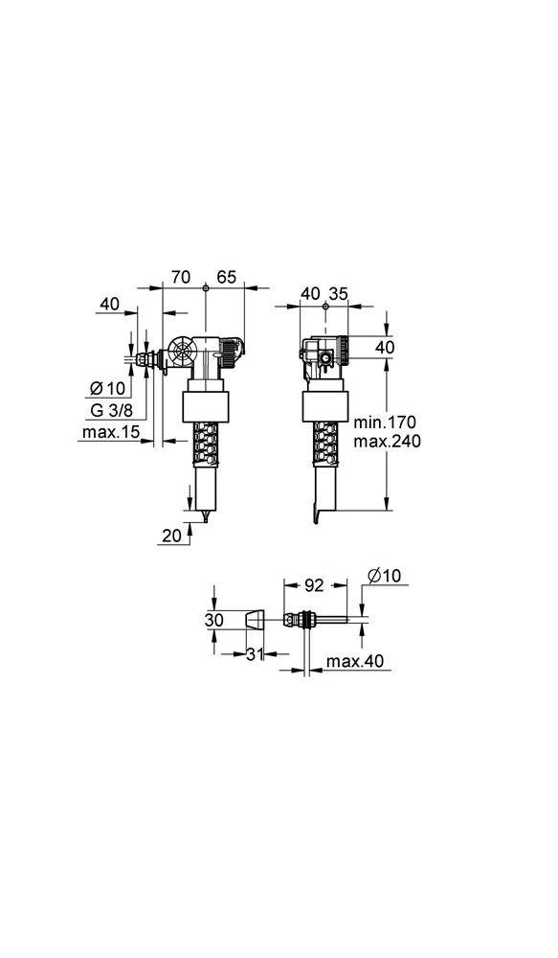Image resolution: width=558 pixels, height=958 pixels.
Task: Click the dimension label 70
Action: [180, 277]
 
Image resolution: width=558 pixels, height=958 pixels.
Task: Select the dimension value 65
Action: [226, 277]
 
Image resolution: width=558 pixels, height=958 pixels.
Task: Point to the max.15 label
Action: [111, 433]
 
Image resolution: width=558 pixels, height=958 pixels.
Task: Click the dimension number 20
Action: [171, 536]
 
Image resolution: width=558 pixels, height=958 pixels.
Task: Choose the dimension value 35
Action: [337, 293]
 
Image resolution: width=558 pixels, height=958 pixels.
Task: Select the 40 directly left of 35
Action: [310, 293]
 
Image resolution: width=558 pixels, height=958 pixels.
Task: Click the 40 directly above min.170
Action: [383, 347]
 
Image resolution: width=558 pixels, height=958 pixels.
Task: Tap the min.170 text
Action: [387, 422]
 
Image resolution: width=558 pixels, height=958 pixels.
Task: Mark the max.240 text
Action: [387, 442]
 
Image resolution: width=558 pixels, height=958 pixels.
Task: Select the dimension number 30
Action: [214, 620]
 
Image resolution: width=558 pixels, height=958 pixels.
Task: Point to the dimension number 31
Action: [253, 654]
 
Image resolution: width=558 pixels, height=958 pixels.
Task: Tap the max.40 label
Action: [355, 662]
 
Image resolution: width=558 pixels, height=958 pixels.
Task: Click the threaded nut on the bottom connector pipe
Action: [305, 620]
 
